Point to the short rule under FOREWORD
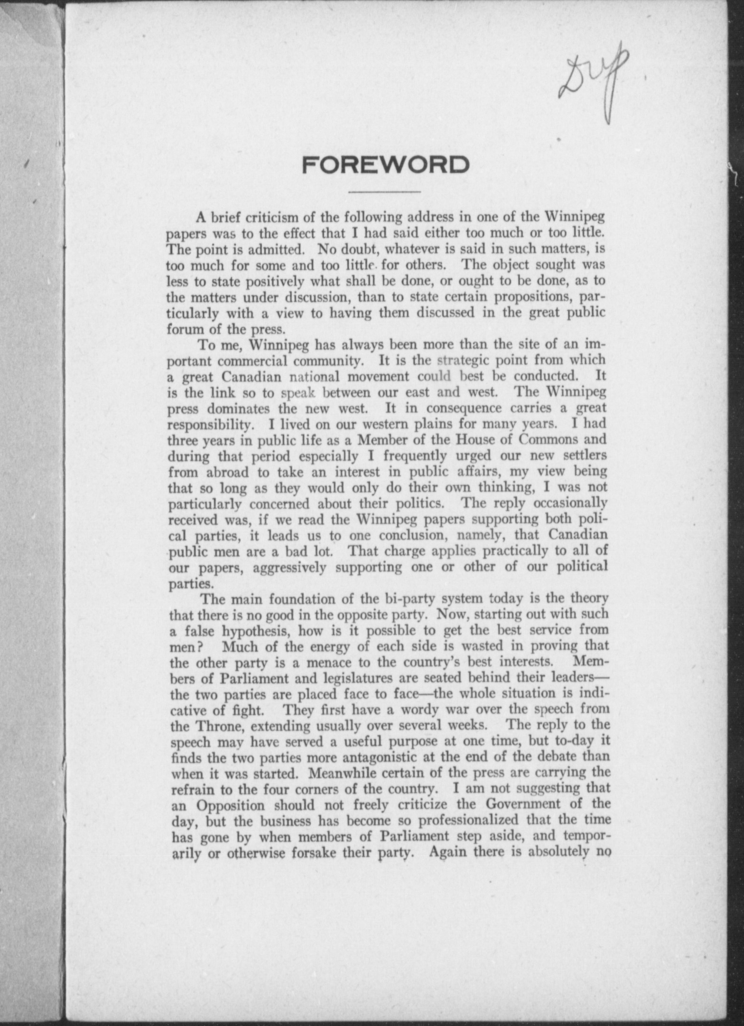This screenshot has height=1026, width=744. pyautogui.click(x=385, y=192)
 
